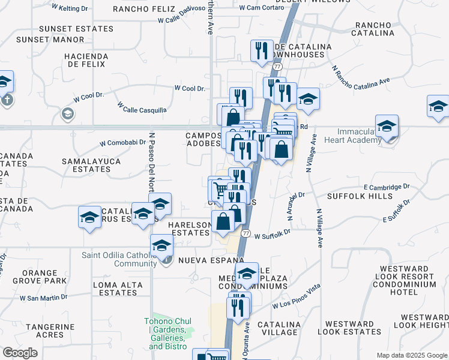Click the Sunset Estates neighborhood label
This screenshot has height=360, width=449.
[76, 28]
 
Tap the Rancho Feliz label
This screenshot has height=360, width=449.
[145, 10]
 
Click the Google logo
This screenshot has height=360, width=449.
[20, 353]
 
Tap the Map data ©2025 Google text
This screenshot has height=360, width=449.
[411, 355]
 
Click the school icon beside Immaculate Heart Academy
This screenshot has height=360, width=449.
[387, 127]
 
